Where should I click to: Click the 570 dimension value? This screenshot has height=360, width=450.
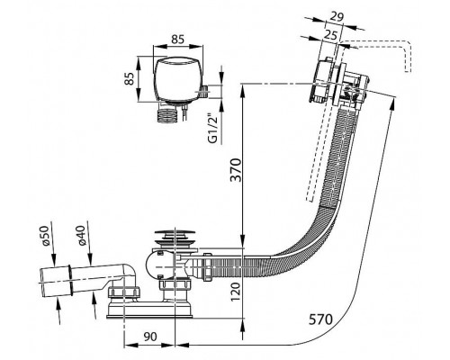pyautogui.click(x=320, y=319)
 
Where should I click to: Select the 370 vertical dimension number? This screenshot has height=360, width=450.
pyautogui.click(x=236, y=170)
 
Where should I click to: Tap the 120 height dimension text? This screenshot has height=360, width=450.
pyautogui.click(x=236, y=292)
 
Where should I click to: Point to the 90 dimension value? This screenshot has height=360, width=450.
pyautogui.click(x=150, y=337)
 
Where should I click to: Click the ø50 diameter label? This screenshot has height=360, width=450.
pyautogui.click(x=45, y=236)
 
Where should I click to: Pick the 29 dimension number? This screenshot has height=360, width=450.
pyautogui.click(x=337, y=17)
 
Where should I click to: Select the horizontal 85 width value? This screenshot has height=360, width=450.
pyautogui.click(x=177, y=40)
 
